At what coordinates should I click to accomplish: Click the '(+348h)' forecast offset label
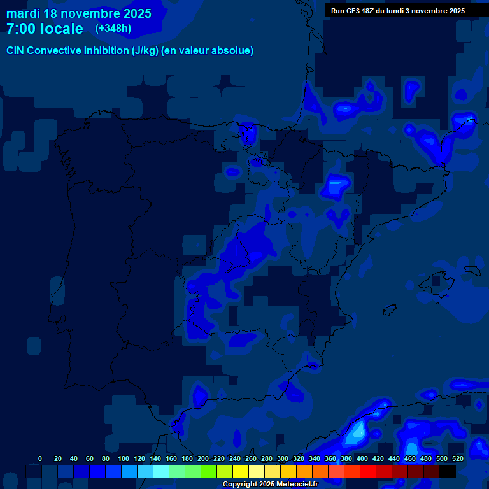pyautogui.click(x=113, y=29)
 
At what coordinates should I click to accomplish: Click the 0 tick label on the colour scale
pyautogui.click(x=40, y=458)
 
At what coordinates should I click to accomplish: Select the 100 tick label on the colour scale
pyautogui.click(x=124, y=458)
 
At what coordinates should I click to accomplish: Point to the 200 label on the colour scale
pyautogui.click(x=203, y=458)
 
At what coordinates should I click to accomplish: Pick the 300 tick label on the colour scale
pyautogui.click(x=283, y=458)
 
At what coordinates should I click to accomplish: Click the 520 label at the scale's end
pyautogui.click(x=458, y=458)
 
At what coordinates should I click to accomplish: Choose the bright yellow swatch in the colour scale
pyautogui.click(x=241, y=471)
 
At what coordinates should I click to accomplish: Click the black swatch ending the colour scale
pyautogui.click(x=448, y=471)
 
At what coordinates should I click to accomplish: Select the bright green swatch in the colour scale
pyautogui.click(x=209, y=471)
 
